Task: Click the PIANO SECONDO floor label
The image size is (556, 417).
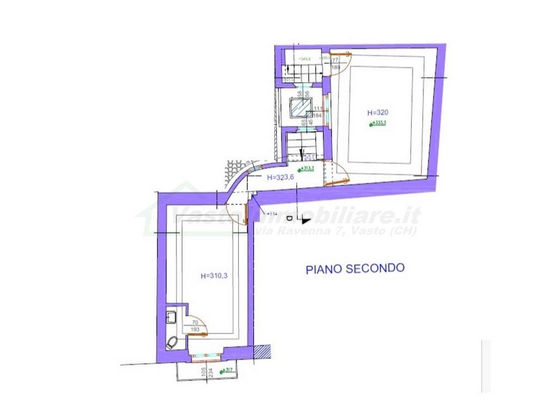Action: tap(355, 268)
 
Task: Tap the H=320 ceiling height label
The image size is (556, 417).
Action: tap(378, 113)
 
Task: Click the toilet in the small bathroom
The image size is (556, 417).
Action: tap(173, 343)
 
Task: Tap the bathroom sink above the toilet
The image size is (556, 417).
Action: tap(171, 317)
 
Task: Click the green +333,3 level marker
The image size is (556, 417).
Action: tap(378, 124)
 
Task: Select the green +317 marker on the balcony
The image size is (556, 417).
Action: tap(227, 372)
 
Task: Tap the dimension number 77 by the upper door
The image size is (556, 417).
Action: tap(335, 61)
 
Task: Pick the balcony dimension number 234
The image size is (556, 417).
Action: tap(210, 375)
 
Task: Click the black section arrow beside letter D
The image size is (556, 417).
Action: tap(305, 220)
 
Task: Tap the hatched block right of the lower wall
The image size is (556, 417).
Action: tap(263, 351)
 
